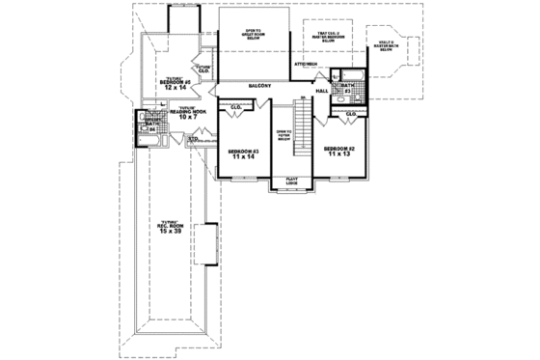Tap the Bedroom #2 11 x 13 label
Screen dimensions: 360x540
pos(338,151)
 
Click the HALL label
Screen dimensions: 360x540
pos(321,92)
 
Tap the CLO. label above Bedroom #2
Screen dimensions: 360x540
pos(351,114)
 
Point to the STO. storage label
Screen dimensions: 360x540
pos(193,139)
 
